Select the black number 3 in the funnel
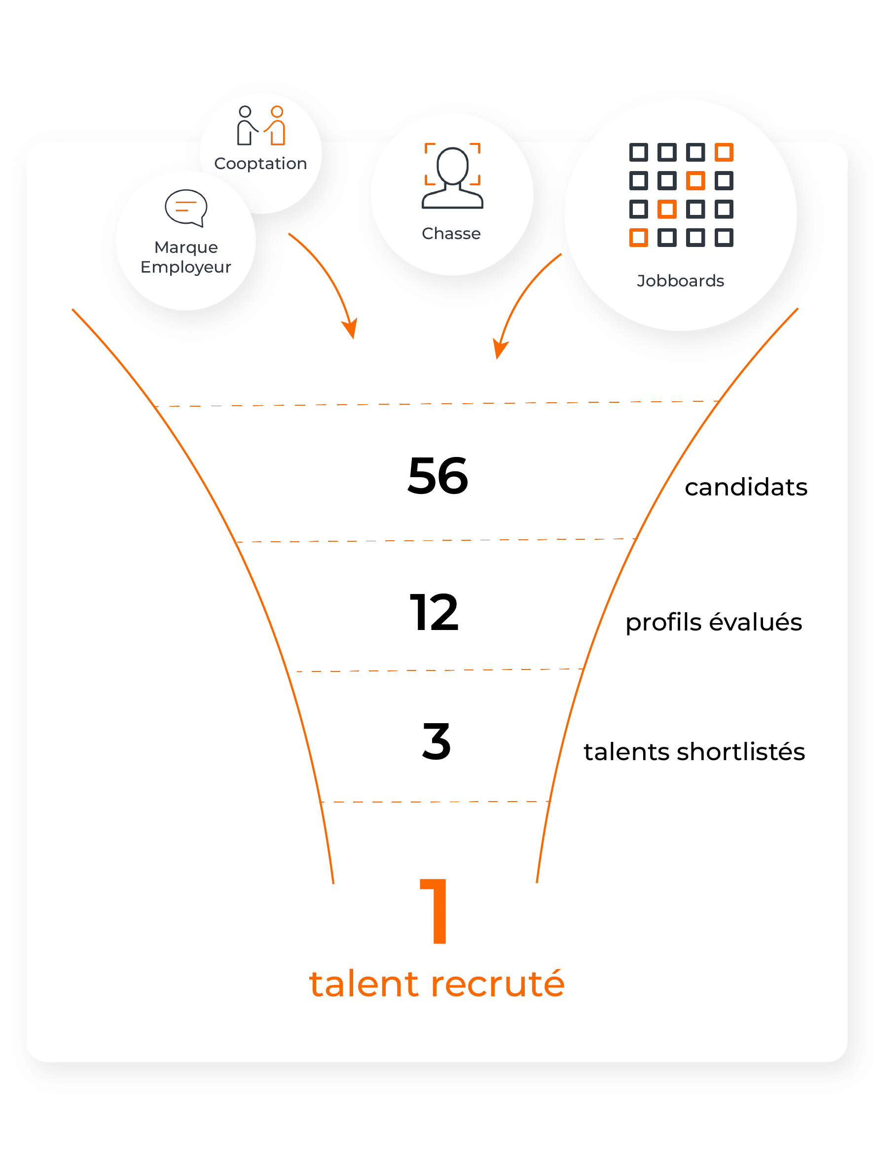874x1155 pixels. click(x=436, y=742)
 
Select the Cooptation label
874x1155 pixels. click(x=260, y=164)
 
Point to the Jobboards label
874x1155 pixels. click(x=680, y=281)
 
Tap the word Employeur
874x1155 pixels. click(x=185, y=267)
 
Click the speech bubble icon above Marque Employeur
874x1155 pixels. click(x=186, y=208)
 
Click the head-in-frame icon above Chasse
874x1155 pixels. click(x=452, y=176)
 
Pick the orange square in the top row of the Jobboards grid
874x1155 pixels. click(x=724, y=152)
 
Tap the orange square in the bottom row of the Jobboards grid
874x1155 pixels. click(x=638, y=238)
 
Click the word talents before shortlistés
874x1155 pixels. click(x=626, y=751)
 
